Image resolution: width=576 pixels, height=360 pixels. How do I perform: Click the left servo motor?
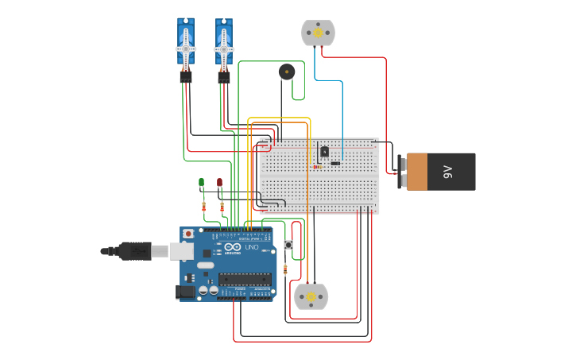tap(185, 44)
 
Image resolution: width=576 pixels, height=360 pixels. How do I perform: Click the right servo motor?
tap(224, 44)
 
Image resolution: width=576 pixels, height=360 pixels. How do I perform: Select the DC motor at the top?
tap(318, 33)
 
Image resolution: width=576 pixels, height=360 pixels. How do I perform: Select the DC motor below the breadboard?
tap(311, 296)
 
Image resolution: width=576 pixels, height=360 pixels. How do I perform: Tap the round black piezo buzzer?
tap(287, 72)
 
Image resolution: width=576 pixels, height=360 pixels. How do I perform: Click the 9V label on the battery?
tap(447, 172)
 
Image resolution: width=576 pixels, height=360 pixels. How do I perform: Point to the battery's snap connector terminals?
tap(401, 172)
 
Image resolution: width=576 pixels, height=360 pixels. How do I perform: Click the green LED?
tap(201, 182)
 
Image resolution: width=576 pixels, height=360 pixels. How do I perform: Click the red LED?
tap(220, 182)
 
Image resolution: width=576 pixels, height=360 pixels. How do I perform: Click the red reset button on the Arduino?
tap(188, 234)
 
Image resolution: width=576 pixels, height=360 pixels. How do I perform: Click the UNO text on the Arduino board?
tap(251, 247)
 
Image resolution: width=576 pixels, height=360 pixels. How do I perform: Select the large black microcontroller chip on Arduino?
tap(243, 278)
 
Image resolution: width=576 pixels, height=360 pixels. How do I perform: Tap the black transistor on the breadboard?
tap(324, 151)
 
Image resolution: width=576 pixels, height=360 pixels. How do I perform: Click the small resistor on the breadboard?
tap(317, 167)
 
